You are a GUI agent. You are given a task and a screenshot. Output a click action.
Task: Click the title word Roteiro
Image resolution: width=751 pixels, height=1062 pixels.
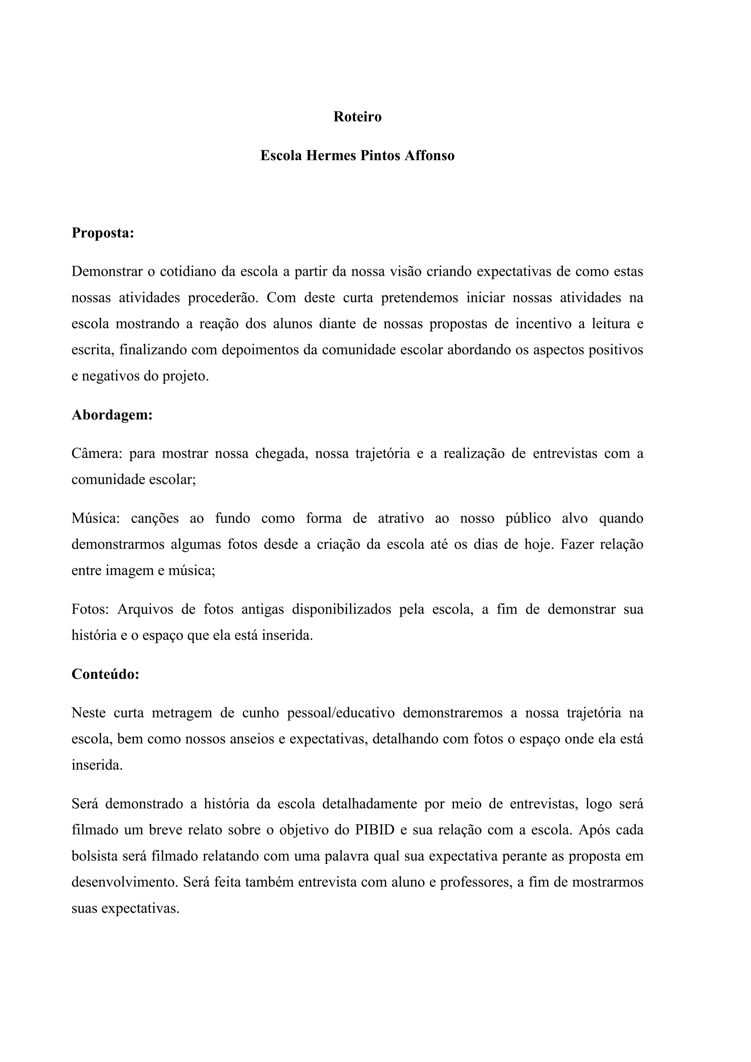358,117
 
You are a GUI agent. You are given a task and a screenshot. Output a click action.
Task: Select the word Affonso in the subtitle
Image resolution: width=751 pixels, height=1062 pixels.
430,156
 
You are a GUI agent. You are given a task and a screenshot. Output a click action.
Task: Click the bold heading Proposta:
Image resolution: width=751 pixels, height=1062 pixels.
103,233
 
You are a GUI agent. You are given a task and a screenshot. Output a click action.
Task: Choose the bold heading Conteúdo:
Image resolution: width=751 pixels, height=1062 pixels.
106,674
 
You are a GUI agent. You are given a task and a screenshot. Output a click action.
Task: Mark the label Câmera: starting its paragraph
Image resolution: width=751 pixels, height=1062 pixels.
96,454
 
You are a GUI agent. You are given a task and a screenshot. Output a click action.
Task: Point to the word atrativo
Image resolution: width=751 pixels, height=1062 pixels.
400,519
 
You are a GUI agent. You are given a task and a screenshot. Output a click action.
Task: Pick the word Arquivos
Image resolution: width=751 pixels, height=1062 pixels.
145,609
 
